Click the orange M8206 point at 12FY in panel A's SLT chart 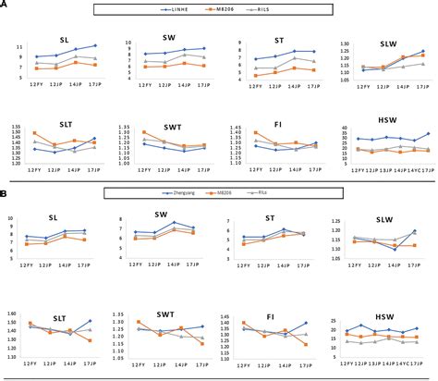[35, 133]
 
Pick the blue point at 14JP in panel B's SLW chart [395, 250]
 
